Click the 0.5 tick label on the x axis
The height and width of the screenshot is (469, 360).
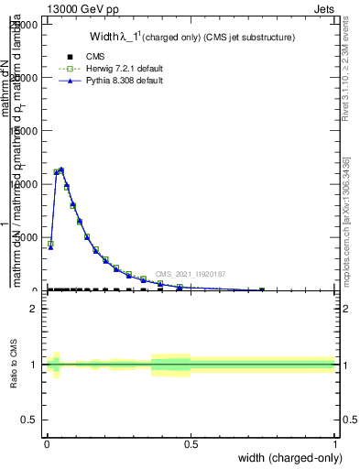coord(191,443)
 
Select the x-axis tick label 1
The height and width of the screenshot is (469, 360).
coord(334,443)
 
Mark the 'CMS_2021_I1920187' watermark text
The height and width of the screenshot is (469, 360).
coord(191,274)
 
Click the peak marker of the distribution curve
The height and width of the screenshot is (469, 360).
coord(60,169)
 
